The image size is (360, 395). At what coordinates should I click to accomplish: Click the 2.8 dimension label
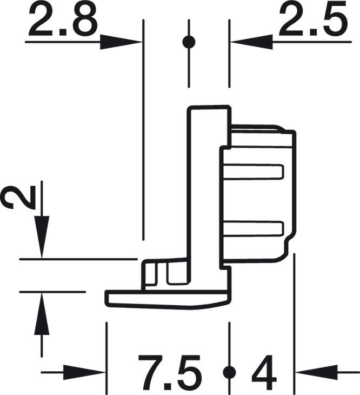pyautogui.click(x=63, y=21)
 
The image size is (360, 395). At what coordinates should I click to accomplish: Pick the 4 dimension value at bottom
pyautogui.click(x=264, y=373)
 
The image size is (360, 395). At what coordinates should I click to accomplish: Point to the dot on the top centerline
pyautogui.click(x=188, y=41)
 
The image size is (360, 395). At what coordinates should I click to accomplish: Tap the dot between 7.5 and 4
pyautogui.click(x=230, y=372)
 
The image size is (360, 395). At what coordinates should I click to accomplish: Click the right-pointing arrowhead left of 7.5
pyautogui.click(x=86, y=372)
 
